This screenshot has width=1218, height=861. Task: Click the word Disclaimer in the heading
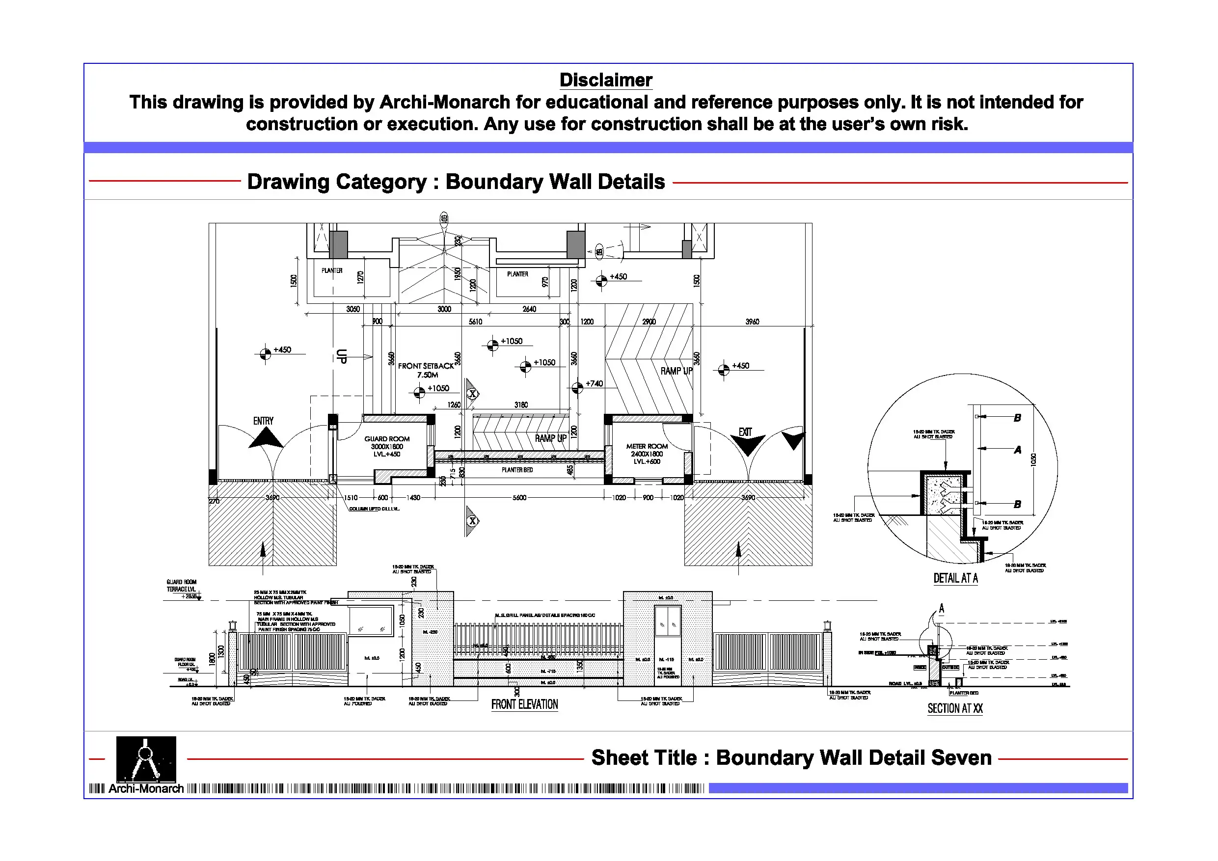coord(605,80)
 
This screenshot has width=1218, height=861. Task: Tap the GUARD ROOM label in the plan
coord(387,439)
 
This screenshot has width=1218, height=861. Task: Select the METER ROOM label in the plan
coord(647,447)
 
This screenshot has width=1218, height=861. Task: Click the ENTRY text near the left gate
coord(263,421)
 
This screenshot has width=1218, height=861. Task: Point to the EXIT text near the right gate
coord(745,432)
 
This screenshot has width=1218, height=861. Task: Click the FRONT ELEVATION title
coord(524,704)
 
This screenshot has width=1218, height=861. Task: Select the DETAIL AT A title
coord(955,578)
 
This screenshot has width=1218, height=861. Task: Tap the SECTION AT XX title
coord(955,709)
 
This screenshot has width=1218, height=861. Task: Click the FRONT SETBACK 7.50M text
coord(426,370)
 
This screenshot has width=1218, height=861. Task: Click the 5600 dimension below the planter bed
coord(519,498)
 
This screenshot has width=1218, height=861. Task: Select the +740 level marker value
coord(594,383)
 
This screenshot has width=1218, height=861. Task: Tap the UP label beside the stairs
coord(342,356)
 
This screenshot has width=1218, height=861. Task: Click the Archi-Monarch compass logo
coord(146,758)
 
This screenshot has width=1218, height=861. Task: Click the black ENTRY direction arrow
coord(266,438)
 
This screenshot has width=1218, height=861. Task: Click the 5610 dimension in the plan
coord(475,322)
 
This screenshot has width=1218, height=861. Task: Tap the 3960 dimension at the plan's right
coord(752,322)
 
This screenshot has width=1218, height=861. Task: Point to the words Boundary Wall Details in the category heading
coord(555,182)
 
